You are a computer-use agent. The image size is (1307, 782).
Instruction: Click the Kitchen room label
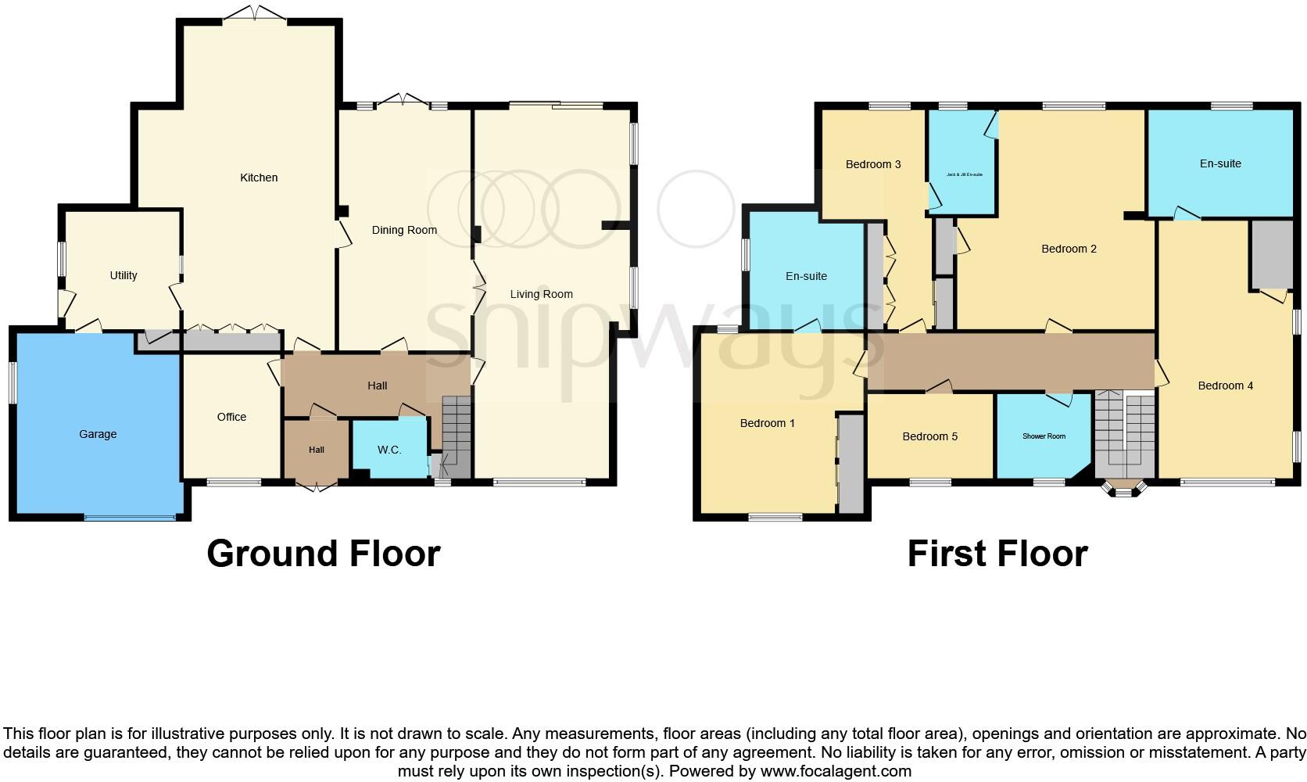[x=259, y=178]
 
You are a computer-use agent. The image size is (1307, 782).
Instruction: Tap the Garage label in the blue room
[x=98, y=434]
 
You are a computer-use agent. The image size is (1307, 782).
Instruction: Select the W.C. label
[x=389, y=450]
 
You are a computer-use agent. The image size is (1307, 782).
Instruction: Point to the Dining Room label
[x=404, y=230]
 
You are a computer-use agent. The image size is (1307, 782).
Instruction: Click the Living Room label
[x=541, y=294]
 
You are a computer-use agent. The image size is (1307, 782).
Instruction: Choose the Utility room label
[x=124, y=275]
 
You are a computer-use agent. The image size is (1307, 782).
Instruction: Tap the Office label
[x=231, y=417]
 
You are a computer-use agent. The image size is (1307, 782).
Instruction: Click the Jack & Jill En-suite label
[x=964, y=174]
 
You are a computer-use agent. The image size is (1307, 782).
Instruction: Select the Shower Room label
[x=1044, y=436]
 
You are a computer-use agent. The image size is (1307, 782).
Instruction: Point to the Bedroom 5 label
[x=929, y=436]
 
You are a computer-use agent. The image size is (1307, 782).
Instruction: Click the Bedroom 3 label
[x=873, y=164]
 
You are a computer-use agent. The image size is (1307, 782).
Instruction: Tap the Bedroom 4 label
[x=1225, y=386]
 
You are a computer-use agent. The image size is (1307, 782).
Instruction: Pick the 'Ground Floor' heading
[x=324, y=554]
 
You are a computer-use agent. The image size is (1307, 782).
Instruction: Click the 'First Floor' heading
[x=997, y=554]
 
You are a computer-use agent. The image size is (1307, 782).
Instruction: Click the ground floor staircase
[x=457, y=434]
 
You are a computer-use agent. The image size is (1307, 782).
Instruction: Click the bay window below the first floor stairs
[x=1125, y=489]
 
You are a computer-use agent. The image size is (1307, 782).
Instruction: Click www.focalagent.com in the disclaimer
[x=836, y=771]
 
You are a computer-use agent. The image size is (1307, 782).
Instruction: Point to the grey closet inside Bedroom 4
[x=1271, y=255]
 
